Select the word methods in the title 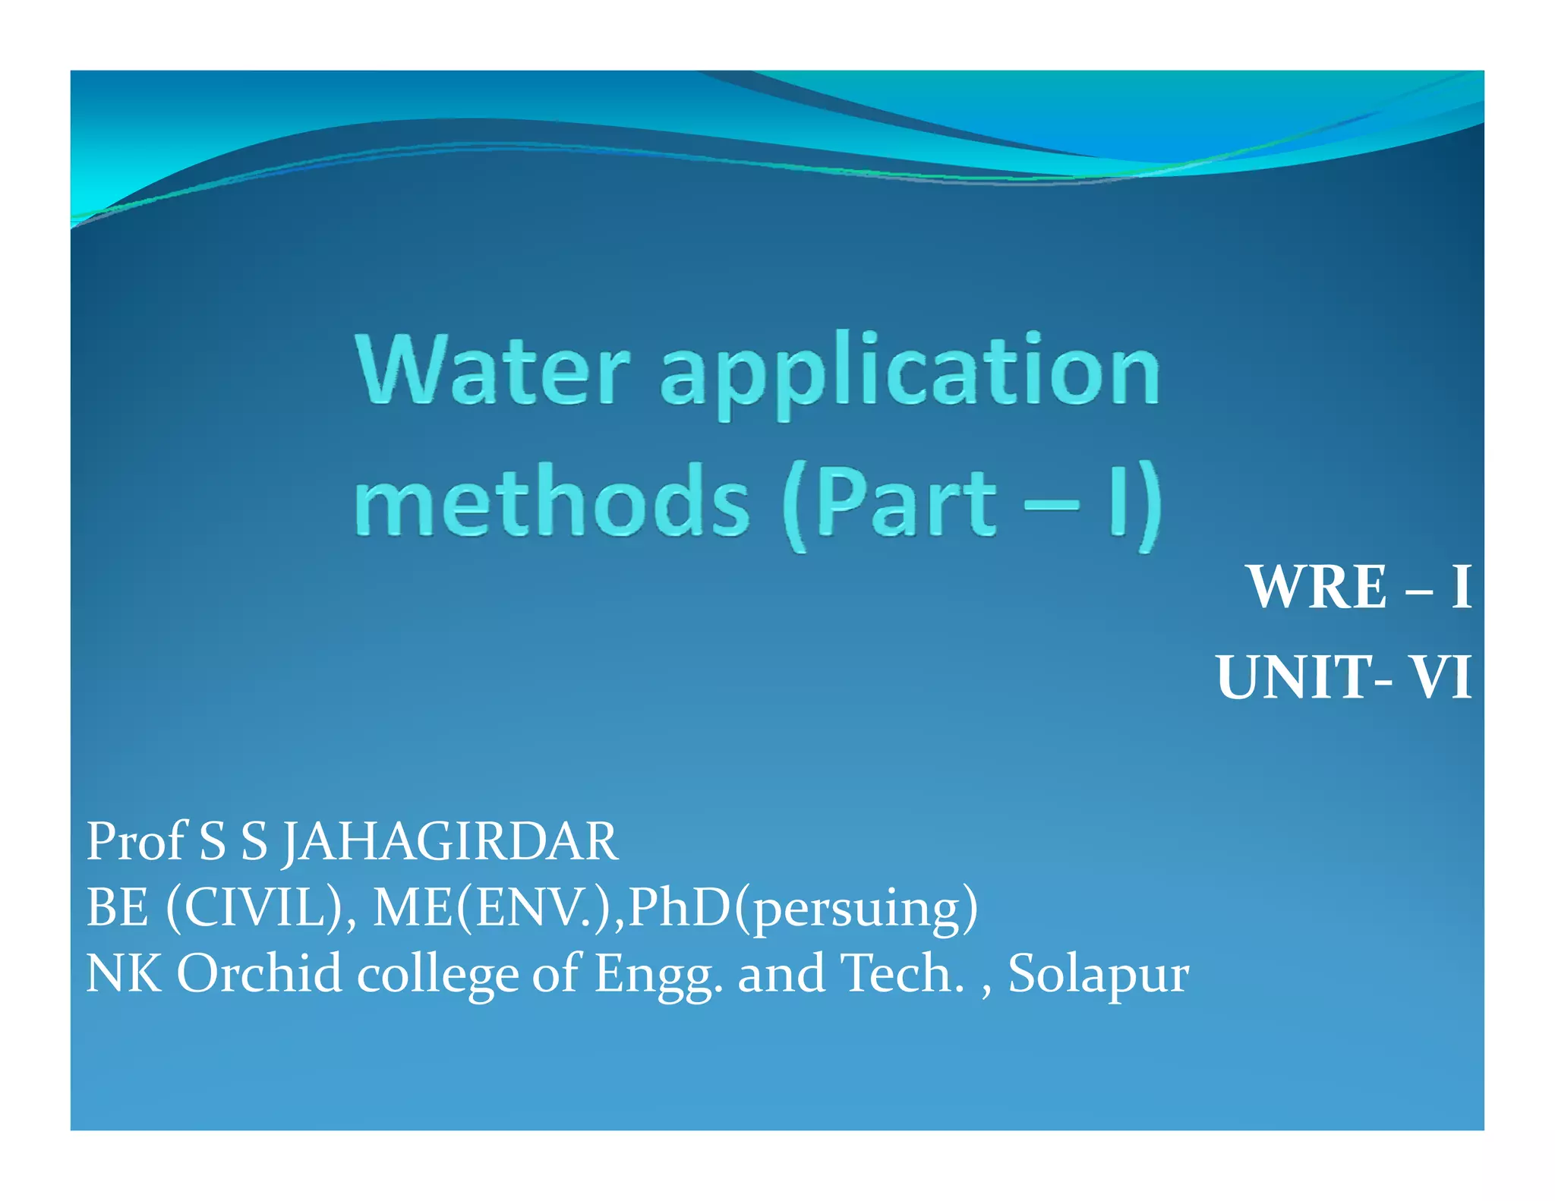552,501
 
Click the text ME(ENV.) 498,908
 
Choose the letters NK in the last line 124,974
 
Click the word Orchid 259,974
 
